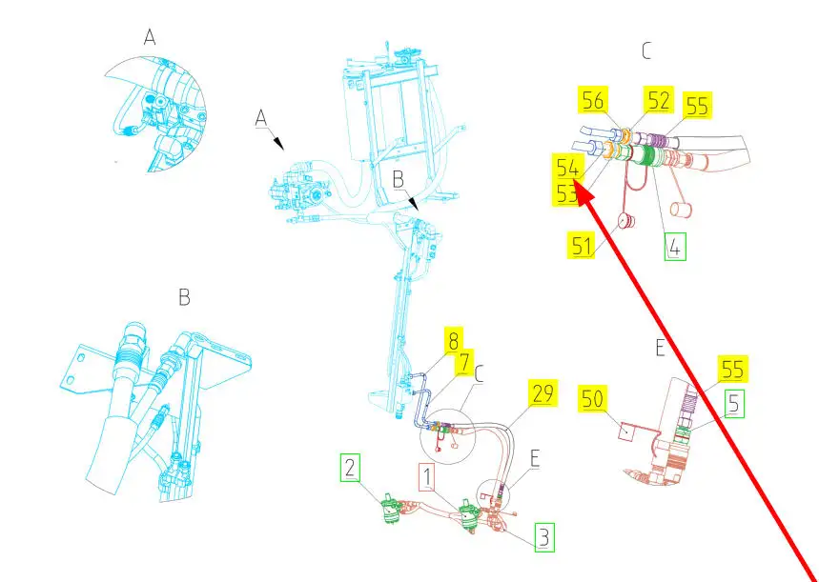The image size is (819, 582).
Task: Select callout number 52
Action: coord(658,100)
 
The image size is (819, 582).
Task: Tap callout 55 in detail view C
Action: coord(697,106)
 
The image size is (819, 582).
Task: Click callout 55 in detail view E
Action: coord(733,369)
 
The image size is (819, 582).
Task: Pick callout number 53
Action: coord(567,193)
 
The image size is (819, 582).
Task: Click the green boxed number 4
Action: coord(674,247)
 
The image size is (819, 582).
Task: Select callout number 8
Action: coord(454,339)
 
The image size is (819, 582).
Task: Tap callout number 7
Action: coord(464,361)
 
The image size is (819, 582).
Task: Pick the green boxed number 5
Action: coord(733,404)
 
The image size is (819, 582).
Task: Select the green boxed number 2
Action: coord(351,468)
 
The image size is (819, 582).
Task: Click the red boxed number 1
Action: coord(428,475)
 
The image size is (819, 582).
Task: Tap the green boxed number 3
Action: coord(543,537)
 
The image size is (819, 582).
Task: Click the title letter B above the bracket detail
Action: coord(184,298)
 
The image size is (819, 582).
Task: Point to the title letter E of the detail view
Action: coord(659,349)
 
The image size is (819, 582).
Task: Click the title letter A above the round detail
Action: coord(150,37)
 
